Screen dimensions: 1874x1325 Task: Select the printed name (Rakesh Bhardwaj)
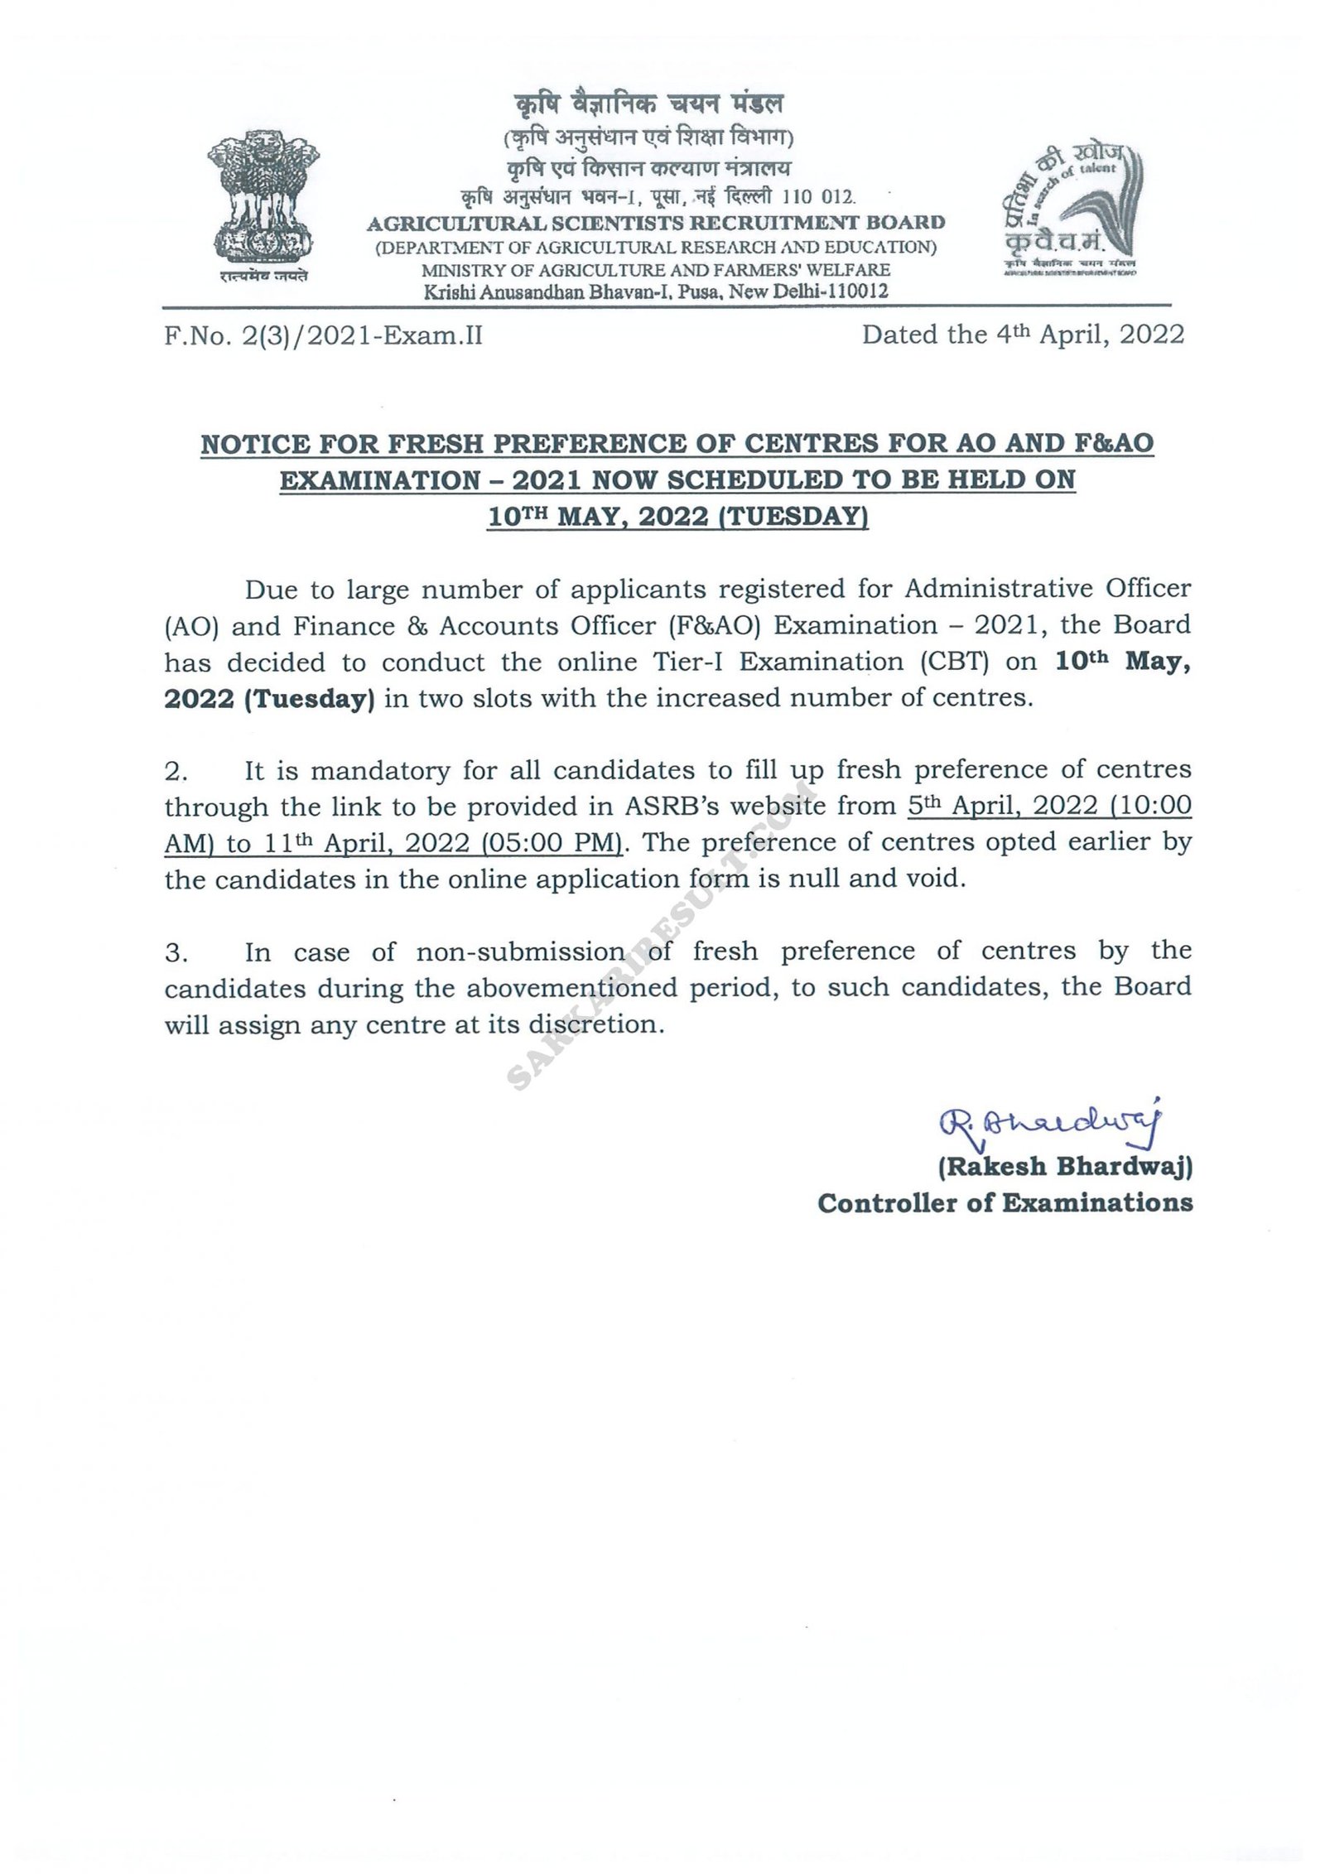coord(1064,1167)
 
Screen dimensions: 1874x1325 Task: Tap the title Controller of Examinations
coord(1005,1202)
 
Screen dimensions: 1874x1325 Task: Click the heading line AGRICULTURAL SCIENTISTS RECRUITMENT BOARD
coord(656,223)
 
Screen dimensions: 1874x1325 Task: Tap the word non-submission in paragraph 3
coord(520,952)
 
